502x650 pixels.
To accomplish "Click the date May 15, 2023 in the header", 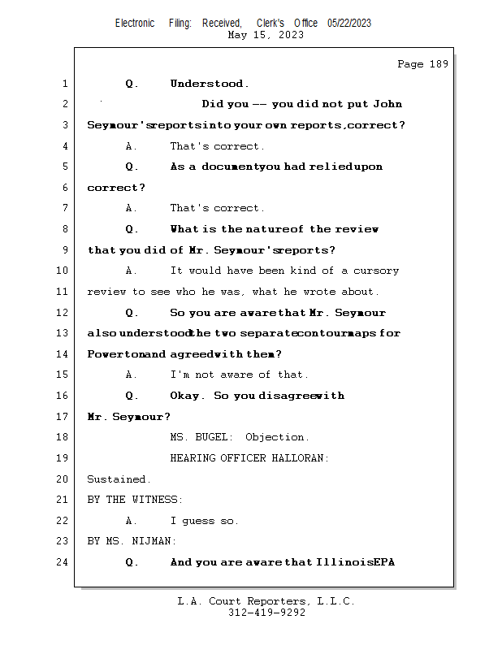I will (266, 35).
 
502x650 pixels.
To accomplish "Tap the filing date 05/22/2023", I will (349, 23).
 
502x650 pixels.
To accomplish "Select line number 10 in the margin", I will (63, 271).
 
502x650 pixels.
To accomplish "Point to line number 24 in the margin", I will (63, 561).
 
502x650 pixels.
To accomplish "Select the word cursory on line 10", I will (376, 271).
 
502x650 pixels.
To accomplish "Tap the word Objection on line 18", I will (277, 437).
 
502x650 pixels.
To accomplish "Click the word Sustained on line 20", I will (119, 479).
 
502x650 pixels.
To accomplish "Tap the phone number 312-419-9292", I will (266, 613).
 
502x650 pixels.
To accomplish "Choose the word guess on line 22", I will (200, 521).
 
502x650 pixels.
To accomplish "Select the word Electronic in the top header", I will (135, 23).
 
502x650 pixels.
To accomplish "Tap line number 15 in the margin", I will (63, 375).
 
